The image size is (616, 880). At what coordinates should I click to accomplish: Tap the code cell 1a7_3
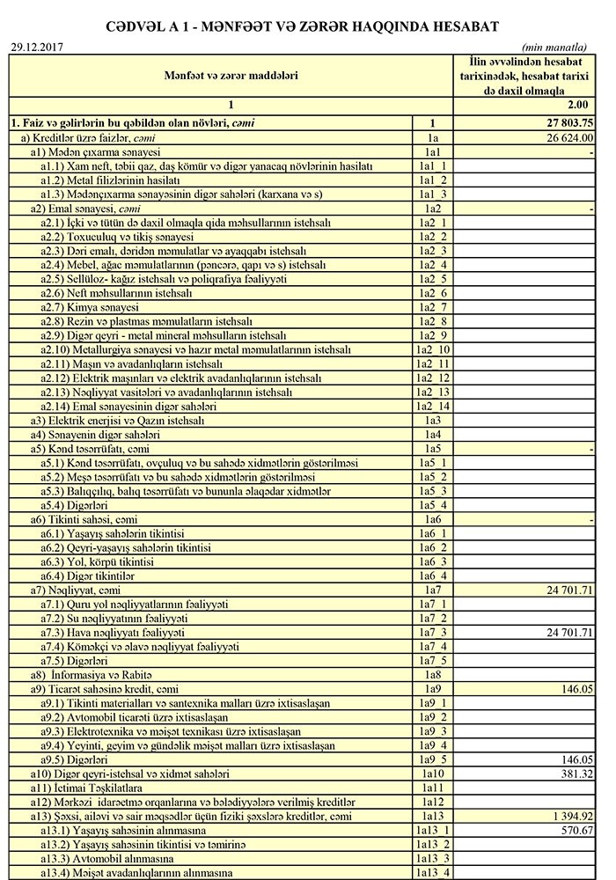(433, 633)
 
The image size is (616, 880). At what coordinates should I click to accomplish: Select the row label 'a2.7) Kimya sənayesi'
(90, 307)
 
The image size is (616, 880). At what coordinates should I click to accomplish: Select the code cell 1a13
(433, 816)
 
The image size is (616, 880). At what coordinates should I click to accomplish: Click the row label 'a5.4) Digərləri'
(75, 504)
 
